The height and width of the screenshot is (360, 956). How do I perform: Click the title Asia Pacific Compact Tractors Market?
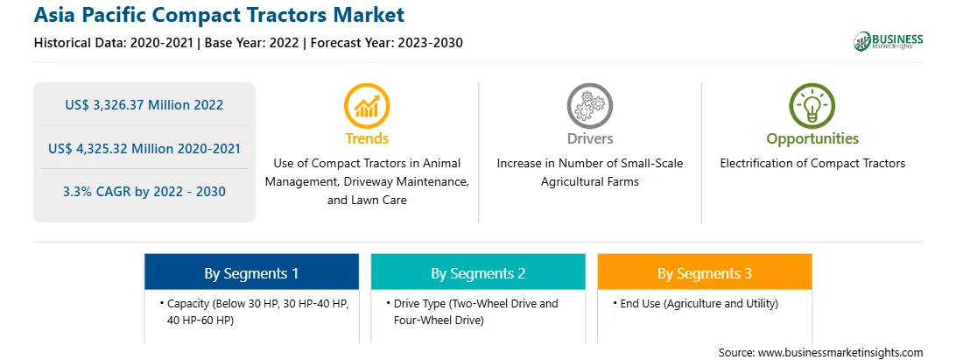point(219,15)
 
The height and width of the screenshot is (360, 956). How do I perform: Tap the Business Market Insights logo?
point(889,41)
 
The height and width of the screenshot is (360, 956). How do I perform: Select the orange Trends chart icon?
point(367,105)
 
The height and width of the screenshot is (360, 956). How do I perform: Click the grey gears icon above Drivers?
point(589,105)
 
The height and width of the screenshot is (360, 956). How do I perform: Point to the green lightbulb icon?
point(812,105)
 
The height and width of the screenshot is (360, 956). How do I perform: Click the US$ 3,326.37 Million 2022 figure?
point(144,105)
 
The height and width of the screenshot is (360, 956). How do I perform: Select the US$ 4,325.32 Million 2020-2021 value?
point(144,148)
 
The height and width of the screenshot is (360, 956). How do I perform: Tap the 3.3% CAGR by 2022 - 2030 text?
point(144,192)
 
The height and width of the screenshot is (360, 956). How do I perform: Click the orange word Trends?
point(367,138)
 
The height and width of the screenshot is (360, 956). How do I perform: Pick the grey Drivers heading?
point(589,138)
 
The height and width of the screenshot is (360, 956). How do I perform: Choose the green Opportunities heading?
point(812,138)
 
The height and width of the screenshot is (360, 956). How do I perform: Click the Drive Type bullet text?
point(472,311)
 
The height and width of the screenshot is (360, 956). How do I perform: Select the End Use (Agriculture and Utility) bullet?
point(695,303)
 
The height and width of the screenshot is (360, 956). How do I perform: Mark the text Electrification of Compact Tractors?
point(812,163)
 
